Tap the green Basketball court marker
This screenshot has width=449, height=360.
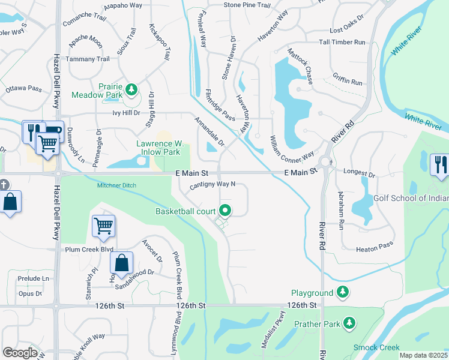(x=226, y=211)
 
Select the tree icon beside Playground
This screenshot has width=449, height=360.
(x=343, y=292)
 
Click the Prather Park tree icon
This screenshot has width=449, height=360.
(x=349, y=324)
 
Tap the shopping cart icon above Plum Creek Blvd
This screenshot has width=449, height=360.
(x=103, y=226)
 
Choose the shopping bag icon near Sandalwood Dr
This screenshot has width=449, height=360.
(x=121, y=262)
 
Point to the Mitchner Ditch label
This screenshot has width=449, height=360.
(x=118, y=185)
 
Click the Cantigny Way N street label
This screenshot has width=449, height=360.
(x=212, y=185)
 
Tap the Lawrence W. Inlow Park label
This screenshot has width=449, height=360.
(x=160, y=148)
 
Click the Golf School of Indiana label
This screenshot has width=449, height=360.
(x=411, y=199)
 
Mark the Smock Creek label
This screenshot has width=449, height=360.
(x=376, y=347)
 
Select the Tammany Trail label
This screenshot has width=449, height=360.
(x=88, y=59)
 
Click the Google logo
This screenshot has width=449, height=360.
(x=20, y=353)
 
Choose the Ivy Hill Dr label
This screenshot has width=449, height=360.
(x=125, y=112)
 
